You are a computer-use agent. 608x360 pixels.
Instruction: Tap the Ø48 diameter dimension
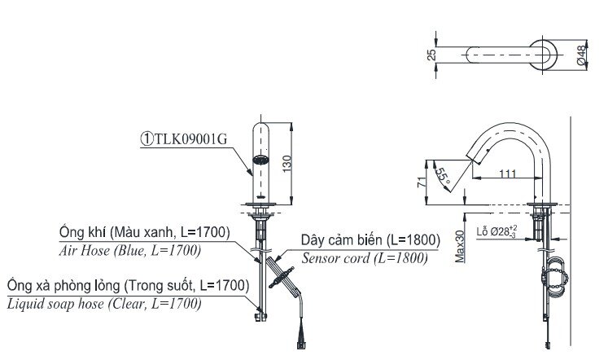click(581, 54)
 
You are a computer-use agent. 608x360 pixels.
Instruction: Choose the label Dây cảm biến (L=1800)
click(370, 240)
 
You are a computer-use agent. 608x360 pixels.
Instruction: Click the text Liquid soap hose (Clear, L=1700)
click(104, 304)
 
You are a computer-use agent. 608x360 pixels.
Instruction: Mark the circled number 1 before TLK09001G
click(147, 138)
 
